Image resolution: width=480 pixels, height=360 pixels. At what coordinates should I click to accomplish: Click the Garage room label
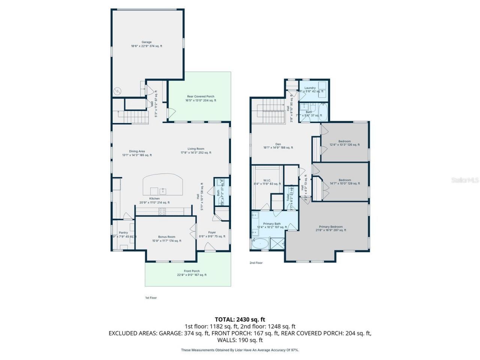[146, 42]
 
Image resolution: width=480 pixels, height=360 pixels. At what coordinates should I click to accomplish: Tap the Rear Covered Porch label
[201, 96]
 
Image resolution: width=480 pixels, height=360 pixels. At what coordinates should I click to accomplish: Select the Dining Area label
[137, 151]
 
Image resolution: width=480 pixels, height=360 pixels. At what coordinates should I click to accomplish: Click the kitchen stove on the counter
[162, 211]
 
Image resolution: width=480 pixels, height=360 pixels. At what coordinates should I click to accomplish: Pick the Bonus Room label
[166, 237]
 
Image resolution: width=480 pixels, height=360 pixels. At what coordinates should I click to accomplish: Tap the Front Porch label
[192, 271]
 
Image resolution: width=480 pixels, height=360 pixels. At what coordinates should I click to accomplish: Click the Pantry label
[123, 233]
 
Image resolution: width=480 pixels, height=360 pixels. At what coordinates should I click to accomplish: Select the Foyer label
[212, 232]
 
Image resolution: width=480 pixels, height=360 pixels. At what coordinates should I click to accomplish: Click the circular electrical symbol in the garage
[118, 91]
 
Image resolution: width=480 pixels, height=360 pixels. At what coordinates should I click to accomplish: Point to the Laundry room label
[310, 88]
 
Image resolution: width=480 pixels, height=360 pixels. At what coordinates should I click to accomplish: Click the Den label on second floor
[278, 144]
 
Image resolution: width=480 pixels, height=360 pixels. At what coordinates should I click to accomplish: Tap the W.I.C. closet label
[267, 180]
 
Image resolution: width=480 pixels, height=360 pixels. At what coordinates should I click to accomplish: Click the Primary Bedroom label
[330, 227]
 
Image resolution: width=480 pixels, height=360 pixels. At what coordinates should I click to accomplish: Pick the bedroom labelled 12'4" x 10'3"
[345, 141]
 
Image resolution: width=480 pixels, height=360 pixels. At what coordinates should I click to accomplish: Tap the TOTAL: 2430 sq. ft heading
[240, 319]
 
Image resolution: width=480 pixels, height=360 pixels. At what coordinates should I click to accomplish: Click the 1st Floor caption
[151, 298]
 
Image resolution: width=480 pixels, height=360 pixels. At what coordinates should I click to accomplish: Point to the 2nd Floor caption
[256, 263]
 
